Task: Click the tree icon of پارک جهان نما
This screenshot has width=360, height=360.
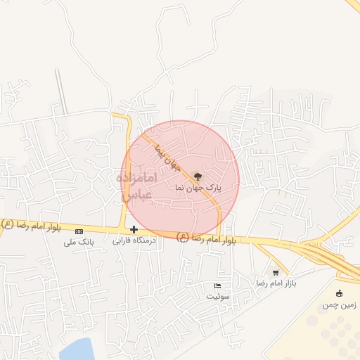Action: click(x=195, y=176)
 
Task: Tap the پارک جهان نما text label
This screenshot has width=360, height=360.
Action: click(x=198, y=188)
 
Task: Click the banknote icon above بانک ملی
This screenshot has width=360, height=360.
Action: click(x=79, y=231)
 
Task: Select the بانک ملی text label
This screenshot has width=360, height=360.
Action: click(x=78, y=242)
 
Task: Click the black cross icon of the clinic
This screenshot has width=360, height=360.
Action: click(x=134, y=229)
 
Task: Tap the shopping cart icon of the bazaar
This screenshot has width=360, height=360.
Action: click(x=276, y=272)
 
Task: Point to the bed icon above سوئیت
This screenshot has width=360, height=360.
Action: click(x=217, y=285)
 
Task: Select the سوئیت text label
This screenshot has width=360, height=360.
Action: click(x=218, y=296)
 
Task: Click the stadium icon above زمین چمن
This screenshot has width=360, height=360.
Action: click(x=340, y=293)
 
